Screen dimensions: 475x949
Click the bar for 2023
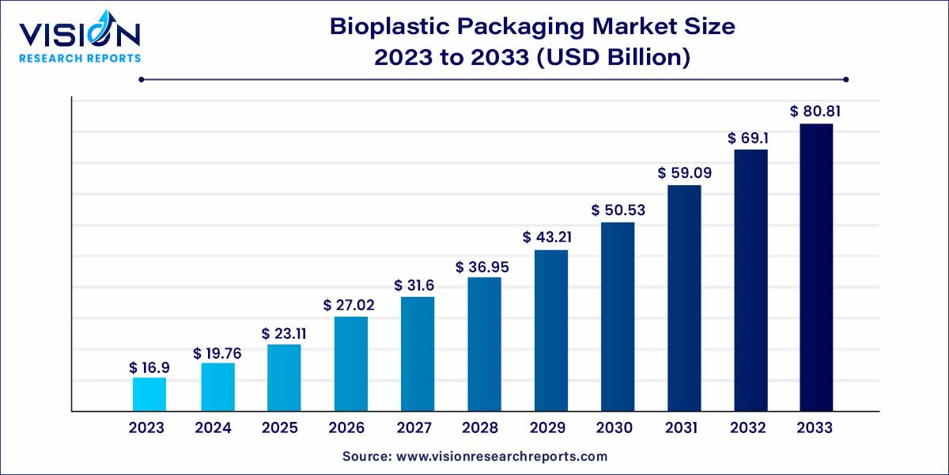(149, 394)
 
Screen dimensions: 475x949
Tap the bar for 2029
(550, 330)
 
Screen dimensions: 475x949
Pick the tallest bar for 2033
(815, 267)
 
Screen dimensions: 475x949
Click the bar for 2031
(684, 298)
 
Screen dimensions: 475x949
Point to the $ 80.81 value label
(815, 112)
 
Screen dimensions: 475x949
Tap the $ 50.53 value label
(617, 211)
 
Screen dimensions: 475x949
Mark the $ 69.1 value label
(750, 138)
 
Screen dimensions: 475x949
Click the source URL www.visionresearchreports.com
(502, 456)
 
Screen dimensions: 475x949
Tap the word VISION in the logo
(79, 36)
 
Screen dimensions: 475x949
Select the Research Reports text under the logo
(79, 58)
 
